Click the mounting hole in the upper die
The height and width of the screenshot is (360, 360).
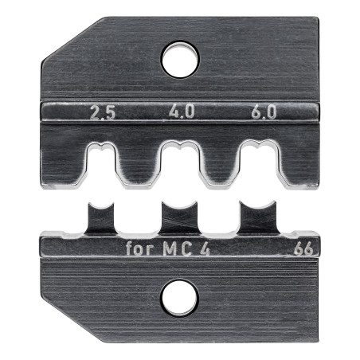180,59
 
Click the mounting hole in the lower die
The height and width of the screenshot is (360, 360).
180,298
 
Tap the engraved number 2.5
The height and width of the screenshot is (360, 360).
103,113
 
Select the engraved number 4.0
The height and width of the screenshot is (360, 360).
182,112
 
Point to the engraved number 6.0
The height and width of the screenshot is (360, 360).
264,112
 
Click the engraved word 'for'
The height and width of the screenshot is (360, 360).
140,248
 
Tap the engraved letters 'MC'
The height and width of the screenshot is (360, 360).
178,249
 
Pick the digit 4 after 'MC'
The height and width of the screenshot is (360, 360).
204,249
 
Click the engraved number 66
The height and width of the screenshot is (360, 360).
303,249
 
